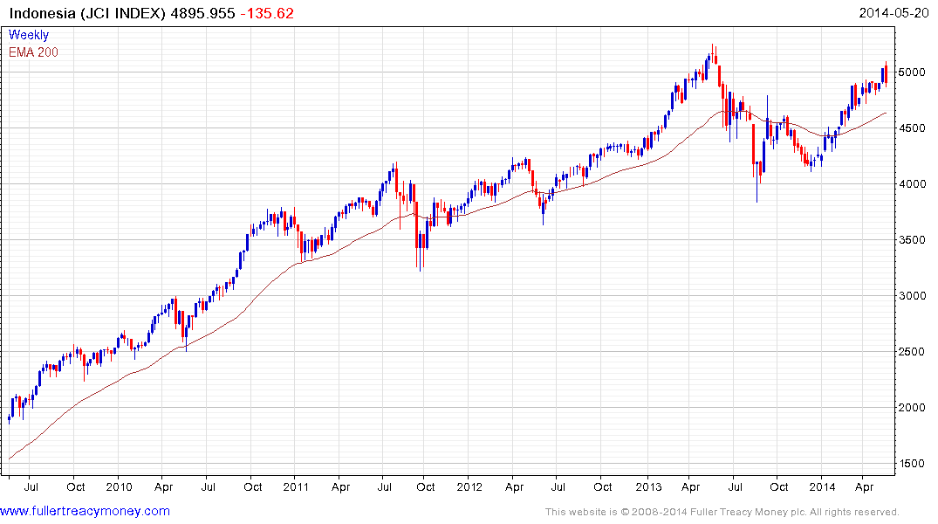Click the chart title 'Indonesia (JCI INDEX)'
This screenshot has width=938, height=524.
click(86, 13)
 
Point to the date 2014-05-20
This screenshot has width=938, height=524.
click(895, 13)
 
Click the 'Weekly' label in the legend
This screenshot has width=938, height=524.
click(29, 35)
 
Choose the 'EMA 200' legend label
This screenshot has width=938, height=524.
click(33, 52)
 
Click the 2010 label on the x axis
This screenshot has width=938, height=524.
click(119, 486)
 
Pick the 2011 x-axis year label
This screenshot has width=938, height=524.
click(296, 486)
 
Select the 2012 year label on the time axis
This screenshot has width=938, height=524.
click(469, 486)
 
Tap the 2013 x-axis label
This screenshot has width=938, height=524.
click(647, 486)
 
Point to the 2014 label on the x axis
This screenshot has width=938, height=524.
click(823, 486)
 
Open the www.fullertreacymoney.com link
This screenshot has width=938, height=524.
click(86, 511)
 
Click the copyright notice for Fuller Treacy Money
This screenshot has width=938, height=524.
click(722, 512)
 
